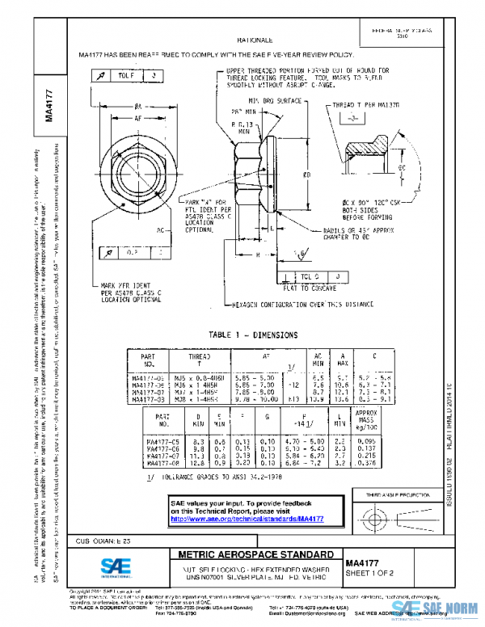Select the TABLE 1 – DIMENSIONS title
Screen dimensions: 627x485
[x=253, y=335]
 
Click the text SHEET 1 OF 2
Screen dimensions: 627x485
[x=370, y=574]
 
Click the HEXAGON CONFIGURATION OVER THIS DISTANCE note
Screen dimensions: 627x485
[x=288, y=305]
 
